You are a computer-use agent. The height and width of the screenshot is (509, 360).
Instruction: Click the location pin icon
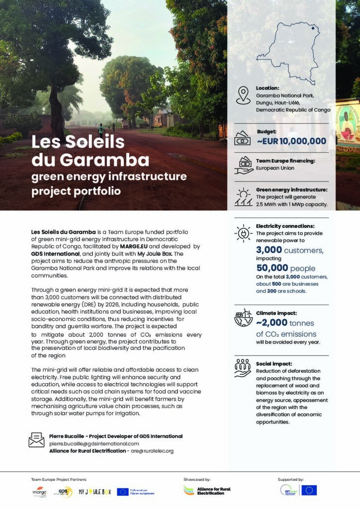(243, 95)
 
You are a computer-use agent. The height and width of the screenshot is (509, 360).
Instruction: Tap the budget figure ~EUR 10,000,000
(291, 141)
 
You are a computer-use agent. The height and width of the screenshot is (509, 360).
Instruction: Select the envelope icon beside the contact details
(36, 439)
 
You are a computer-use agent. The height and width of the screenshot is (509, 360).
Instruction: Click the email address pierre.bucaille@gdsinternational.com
(94, 443)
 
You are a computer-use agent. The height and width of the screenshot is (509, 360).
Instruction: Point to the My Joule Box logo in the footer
(94, 492)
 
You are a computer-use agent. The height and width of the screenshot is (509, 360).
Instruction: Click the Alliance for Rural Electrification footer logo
(207, 490)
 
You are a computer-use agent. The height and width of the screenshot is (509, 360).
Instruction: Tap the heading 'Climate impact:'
(276, 314)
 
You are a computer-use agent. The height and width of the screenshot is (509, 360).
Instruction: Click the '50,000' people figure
(272, 268)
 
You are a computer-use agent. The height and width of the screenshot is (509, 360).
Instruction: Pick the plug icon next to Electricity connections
(243, 233)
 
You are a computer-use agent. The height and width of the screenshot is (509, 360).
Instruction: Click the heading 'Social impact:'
(274, 364)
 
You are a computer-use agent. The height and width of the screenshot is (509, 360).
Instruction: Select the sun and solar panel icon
(243, 197)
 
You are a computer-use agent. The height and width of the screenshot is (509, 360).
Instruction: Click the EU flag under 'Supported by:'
(309, 490)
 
